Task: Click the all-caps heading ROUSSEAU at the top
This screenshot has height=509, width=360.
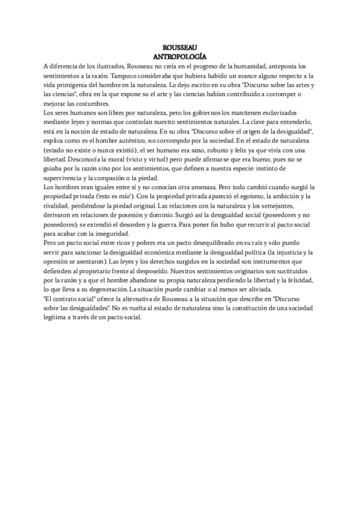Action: click(179, 47)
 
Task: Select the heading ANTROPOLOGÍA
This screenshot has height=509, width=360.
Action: click(179, 56)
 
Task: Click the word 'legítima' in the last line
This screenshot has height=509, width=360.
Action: click(56, 318)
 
